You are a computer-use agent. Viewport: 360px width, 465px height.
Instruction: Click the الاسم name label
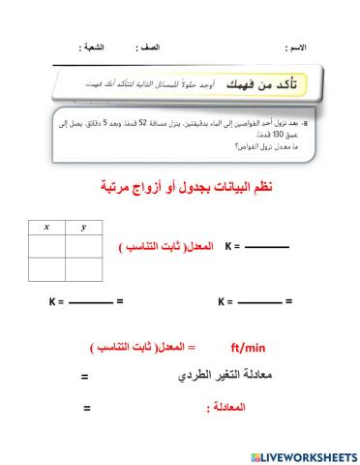pos(297,46)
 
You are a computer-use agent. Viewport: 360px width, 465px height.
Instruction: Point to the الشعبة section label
pos(94,46)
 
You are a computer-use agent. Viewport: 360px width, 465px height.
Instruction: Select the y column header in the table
pos(84,227)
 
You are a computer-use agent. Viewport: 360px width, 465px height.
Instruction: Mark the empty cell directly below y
pos(84,244)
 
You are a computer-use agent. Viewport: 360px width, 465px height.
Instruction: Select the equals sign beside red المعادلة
pos(87,409)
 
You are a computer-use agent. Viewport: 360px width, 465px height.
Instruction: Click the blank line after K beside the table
pos(267,248)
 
